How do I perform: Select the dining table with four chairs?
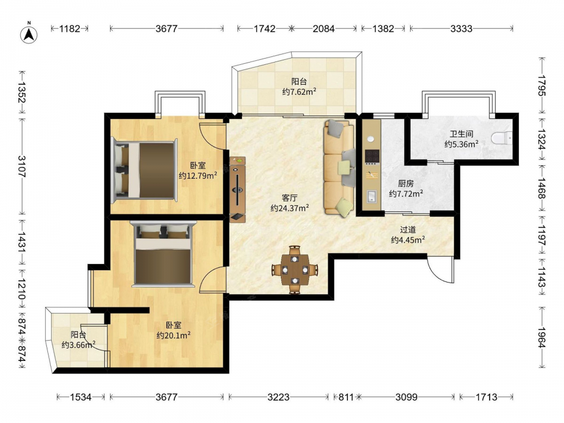294,270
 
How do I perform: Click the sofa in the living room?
339,168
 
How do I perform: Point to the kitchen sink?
371,196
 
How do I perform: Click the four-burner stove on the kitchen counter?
372,156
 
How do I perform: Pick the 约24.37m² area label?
289,208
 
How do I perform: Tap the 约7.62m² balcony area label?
299,92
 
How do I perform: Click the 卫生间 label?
461,134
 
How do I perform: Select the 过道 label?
408,230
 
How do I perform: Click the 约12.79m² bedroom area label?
198,175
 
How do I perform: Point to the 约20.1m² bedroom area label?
173,335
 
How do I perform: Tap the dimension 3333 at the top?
461,28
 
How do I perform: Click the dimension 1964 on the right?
541,337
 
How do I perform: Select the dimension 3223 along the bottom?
279,397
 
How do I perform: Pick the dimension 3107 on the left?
21,166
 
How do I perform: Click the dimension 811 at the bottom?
346,397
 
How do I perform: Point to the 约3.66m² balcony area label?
78,345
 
